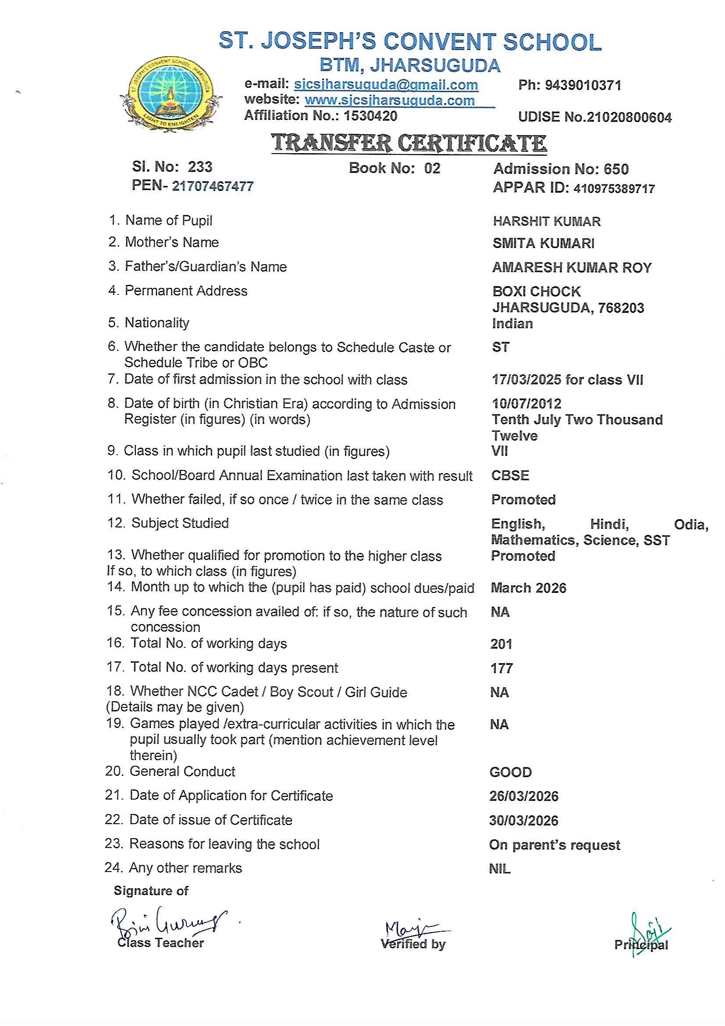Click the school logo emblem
[171, 94]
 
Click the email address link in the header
[386, 84]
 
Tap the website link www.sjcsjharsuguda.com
[389, 100]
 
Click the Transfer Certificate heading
[409, 143]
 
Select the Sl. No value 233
[199, 167]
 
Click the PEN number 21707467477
[213, 186]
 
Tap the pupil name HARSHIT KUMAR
[547, 221]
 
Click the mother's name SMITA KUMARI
[543, 243]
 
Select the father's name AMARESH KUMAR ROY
[572, 267]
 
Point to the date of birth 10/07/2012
[526, 404]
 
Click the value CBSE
[510, 475]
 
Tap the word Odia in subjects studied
[691, 524]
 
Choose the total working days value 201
[501, 644]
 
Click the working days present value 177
[501, 668]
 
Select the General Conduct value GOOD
[510, 772]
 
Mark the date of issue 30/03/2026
[523, 821]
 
